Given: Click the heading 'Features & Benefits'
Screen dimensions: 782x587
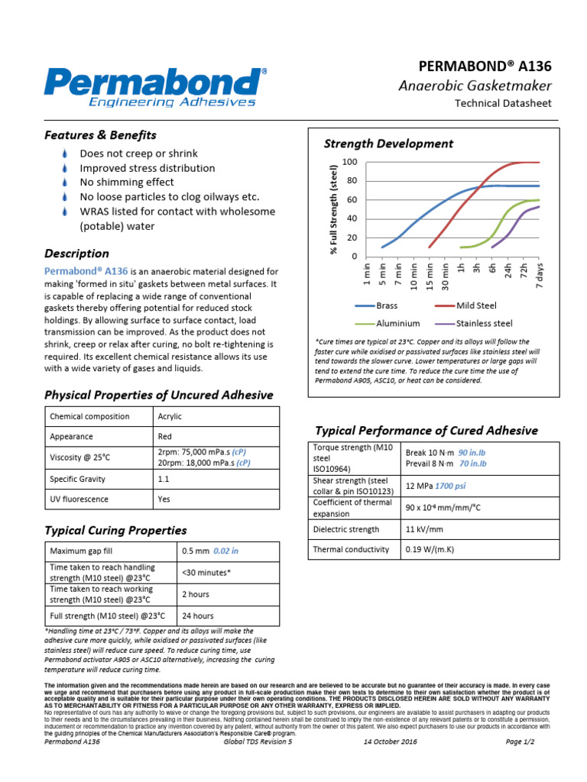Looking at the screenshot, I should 100,135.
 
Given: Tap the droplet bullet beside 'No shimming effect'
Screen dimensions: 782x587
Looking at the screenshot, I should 64,183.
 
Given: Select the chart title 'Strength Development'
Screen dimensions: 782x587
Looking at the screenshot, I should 388,144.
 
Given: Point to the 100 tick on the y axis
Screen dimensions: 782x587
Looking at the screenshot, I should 350,162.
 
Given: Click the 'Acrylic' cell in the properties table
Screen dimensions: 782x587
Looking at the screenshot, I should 170,416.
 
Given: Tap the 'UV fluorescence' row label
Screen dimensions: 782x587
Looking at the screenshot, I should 79,499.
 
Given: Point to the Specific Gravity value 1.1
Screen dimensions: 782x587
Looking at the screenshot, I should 163,479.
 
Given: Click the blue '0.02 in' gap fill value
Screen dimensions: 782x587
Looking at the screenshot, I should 225,551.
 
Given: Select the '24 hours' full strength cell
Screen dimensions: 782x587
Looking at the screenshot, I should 198,616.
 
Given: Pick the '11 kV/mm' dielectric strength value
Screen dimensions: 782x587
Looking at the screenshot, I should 421,528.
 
